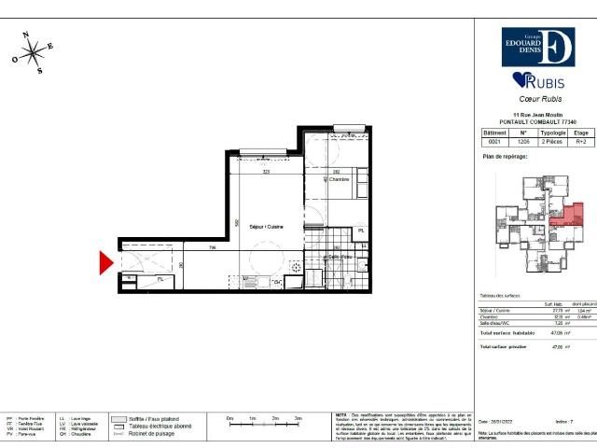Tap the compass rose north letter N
28,35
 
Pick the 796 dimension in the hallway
213,248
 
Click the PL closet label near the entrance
160,278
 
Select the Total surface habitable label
508,332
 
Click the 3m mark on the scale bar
297,420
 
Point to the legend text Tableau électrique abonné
164,427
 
